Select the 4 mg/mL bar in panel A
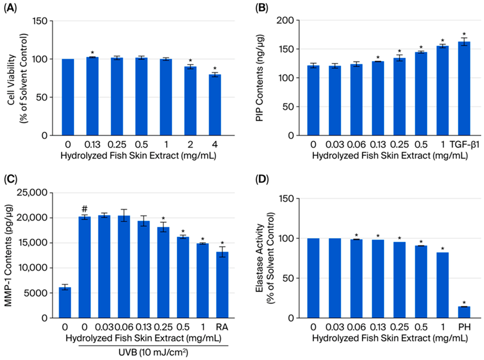click(215, 105)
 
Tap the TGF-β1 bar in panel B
click(464, 88)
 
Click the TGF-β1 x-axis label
click(465, 145)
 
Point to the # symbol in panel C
click(85, 209)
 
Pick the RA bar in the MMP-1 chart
click(222, 285)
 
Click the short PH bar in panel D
click(464, 312)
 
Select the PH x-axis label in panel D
click(464, 327)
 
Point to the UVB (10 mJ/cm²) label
click(153, 352)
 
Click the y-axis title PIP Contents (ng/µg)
click(260, 78)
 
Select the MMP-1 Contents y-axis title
click(8, 255)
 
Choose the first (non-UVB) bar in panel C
click(65, 302)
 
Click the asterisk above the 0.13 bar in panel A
click(92, 53)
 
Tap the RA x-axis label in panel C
click(222, 327)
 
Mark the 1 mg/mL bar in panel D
click(442, 285)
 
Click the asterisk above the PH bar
click(464, 303)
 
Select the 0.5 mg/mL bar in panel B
click(421, 94)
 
